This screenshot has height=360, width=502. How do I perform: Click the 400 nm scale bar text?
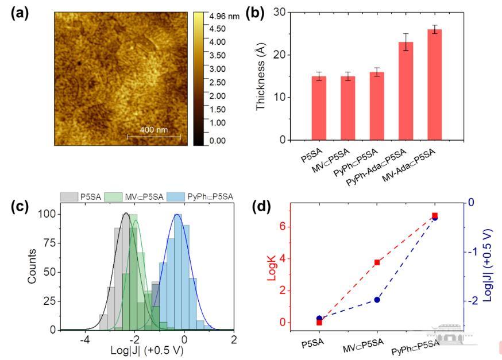[153, 130]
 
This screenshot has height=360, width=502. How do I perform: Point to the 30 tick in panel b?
[280, 12]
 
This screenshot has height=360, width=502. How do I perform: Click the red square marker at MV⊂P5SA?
[377, 262]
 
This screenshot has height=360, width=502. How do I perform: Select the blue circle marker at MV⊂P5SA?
[377, 300]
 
